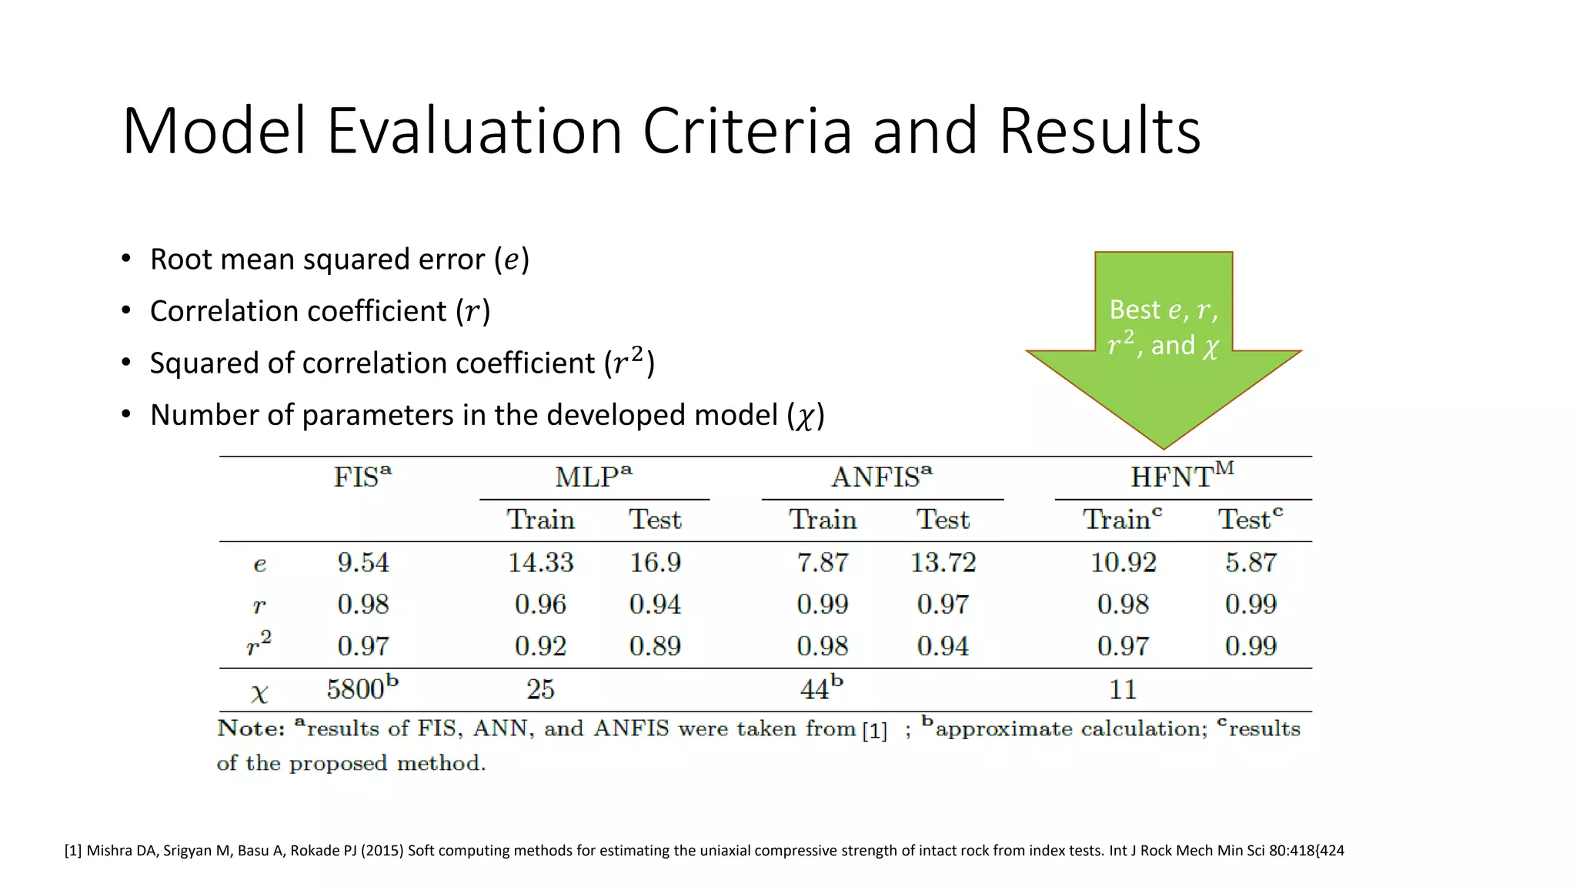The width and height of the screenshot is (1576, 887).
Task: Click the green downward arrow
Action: [1163, 362]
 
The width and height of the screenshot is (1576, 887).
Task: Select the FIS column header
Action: [362, 477]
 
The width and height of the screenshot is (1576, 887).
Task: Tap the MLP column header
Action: [593, 477]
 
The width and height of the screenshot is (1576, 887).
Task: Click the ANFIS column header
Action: [881, 477]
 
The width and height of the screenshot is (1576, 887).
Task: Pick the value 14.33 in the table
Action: [540, 563]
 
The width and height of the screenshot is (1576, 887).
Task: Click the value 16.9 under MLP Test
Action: [655, 563]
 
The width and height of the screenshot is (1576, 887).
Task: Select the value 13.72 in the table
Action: [943, 563]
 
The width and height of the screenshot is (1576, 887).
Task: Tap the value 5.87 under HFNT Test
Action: [1250, 563]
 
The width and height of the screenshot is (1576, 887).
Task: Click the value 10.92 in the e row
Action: [1123, 563]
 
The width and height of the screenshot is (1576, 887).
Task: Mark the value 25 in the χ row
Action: [540, 689]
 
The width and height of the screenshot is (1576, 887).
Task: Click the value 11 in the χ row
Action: [1123, 689]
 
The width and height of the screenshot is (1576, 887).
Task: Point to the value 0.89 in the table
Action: [655, 646]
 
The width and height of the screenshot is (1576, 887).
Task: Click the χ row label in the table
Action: [259, 692]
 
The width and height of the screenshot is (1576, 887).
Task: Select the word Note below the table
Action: [250, 728]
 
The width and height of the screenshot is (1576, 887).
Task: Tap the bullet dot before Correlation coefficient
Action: [126, 311]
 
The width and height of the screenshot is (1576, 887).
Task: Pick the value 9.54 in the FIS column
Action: [362, 563]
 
